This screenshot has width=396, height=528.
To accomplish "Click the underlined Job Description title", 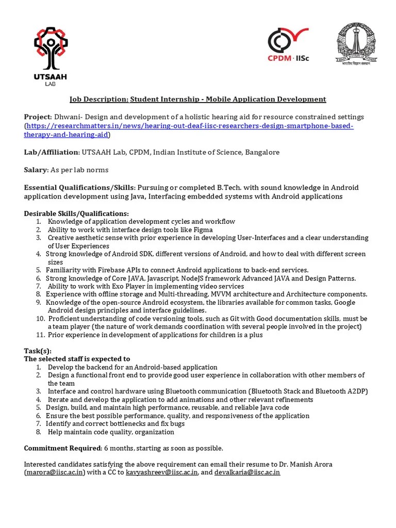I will coord(198,99).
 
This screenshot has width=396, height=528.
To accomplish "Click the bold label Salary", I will coord(35,170).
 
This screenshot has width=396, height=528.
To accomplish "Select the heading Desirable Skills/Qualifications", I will coord(77,213).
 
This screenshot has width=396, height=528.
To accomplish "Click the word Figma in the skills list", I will coord(203,229).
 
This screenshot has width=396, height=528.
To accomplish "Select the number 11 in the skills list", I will coord(40,335).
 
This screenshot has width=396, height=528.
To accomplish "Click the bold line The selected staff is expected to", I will coord(77,359).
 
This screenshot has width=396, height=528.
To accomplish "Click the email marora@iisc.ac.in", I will coord(54,472).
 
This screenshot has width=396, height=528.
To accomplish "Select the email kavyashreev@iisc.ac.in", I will coord(162,472).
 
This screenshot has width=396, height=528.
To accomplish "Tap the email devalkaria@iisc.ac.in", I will coord(247,472).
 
